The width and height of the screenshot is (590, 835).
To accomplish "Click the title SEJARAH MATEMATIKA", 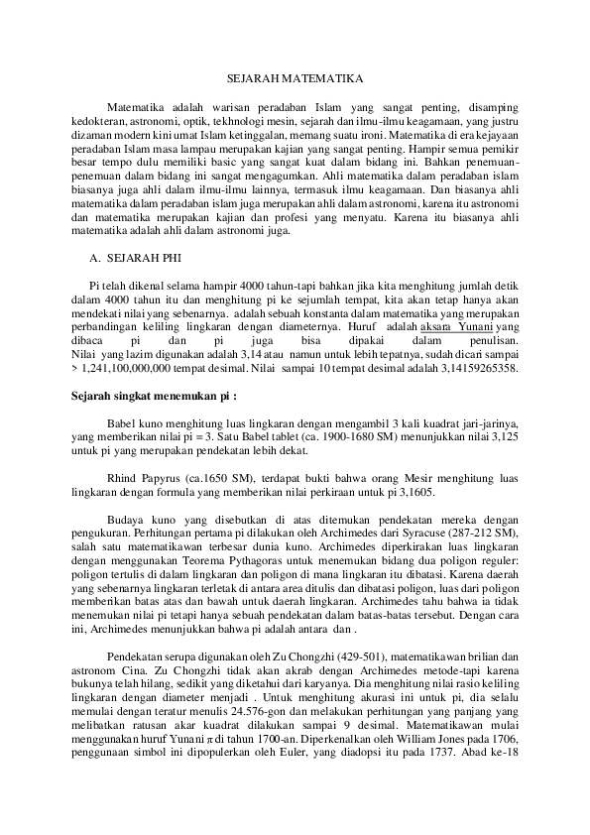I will click(295, 76).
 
